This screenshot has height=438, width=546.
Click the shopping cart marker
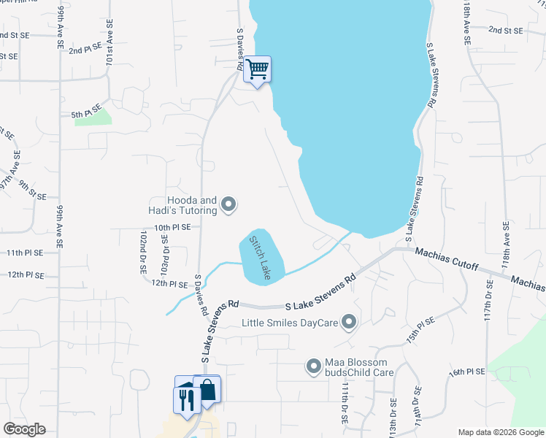[x=257, y=69]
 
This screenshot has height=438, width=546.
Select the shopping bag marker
[x=207, y=389]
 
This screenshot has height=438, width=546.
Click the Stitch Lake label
[x=260, y=258]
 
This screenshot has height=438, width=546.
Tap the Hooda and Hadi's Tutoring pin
[x=228, y=205]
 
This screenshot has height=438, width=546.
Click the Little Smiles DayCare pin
[x=349, y=321]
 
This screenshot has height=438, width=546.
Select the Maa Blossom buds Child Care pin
[x=314, y=366]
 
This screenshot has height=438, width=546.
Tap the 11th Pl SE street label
[x=25, y=252]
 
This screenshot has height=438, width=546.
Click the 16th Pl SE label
[x=467, y=372]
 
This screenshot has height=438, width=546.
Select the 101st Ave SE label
[x=109, y=50]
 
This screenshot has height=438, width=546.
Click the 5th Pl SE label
[x=86, y=114]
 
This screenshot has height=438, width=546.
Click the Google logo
[x=25, y=429]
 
